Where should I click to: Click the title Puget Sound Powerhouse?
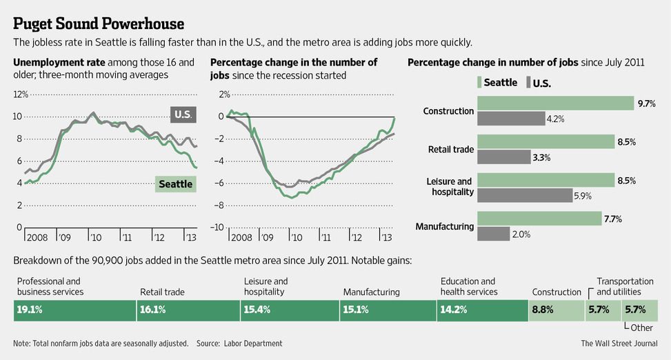pyautogui.click(x=99, y=24)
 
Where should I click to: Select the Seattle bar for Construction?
pyautogui.click(x=555, y=103)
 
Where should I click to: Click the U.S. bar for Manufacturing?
pyautogui.click(x=493, y=234)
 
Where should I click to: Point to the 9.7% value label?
pyautogui.click(x=646, y=103)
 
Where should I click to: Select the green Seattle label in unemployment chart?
pyautogui.click(x=175, y=184)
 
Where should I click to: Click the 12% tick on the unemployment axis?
pyautogui.click(x=20, y=94)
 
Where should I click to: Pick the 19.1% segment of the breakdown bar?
pyautogui.click(x=74, y=310)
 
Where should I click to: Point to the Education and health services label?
pyautogui.click(x=469, y=286)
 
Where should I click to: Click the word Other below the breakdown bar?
pyautogui.click(x=641, y=328)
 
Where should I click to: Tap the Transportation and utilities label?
pyautogui.click(x=625, y=286)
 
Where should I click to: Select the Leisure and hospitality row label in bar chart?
pyautogui.click(x=449, y=187)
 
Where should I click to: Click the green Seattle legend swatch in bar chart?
pyautogui.click(x=479, y=83)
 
